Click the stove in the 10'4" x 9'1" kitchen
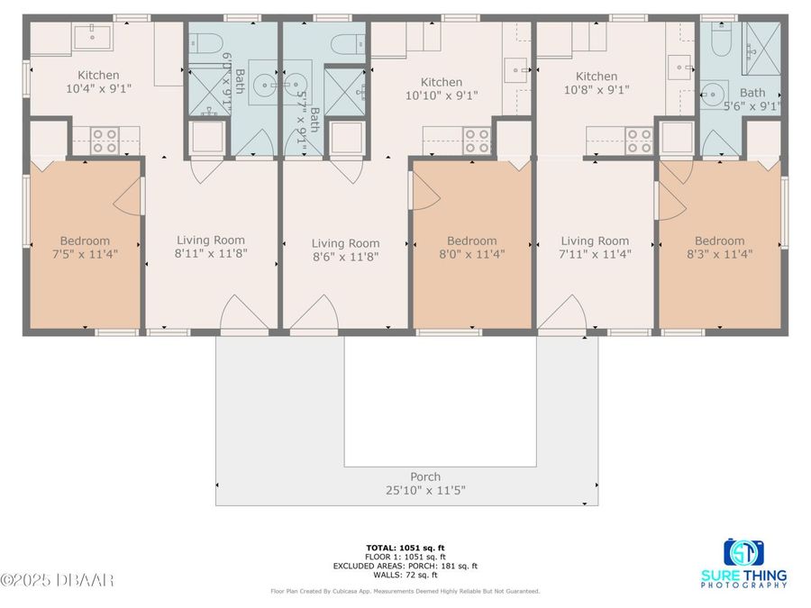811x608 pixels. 105,141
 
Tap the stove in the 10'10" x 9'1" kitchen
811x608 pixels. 477,141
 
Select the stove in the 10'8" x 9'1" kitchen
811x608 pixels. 639,141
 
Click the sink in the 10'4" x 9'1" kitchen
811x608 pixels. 93,37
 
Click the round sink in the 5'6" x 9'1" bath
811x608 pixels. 715,93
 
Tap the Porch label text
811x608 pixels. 425,477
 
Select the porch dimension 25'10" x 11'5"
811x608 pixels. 425,491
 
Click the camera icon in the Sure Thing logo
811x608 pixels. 743,552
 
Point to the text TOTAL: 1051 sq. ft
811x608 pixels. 405,548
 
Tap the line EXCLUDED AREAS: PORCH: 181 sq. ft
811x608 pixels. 405,566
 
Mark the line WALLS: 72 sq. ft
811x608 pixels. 405,574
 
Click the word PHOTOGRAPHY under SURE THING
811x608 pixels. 743,585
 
